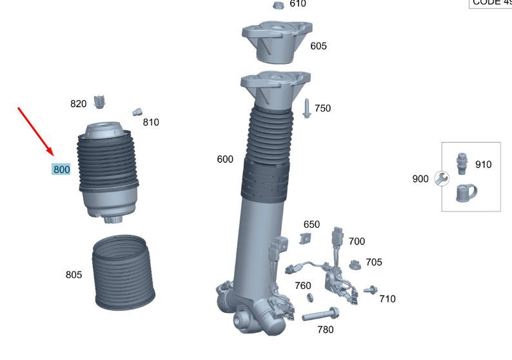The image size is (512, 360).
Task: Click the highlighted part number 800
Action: (x=61, y=170)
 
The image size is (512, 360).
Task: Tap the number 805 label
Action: (x=74, y=275)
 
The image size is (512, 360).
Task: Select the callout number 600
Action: (x=225, y=159)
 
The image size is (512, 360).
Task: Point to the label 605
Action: (x=319, y=46)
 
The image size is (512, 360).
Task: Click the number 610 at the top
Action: (x=298, y=4)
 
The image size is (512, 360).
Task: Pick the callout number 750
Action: (x=322, y=108)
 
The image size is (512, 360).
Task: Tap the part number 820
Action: (x=78, y=104)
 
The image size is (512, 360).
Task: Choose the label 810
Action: (x=151, y=123)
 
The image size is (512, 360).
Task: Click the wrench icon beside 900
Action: (x=442, y=179)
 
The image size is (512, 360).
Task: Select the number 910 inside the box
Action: (x=483, y=165)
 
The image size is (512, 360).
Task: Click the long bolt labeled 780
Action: (x=321, y=315)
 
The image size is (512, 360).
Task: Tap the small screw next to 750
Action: (x=306, y=108)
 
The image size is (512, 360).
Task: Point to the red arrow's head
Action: (x=52, y=154)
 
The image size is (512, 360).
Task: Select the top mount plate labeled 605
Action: (x=277, y=43)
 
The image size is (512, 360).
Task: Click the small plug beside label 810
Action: (x=137, y=112)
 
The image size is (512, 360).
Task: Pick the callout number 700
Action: (x=357, y=241)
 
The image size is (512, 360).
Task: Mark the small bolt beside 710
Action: (x=370, y=291)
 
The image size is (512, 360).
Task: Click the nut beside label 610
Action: (x=279, y=6)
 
